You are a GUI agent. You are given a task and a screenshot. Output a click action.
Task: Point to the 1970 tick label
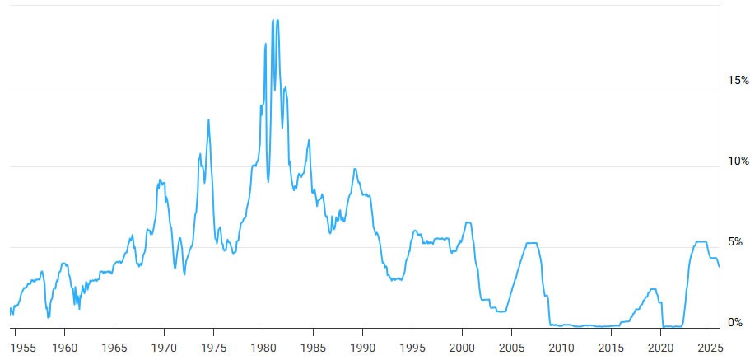(x=164, y=346)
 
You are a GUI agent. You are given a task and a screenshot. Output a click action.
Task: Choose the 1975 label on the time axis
(x=213, y=346)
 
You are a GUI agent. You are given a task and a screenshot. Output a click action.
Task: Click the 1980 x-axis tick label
(x=263, y=346)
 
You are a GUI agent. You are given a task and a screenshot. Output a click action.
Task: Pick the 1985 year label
(x=313, y=346)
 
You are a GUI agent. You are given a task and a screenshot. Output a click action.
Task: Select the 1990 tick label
(x=362, y=346)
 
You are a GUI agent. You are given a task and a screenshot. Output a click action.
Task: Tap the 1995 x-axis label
(x=412, y=346)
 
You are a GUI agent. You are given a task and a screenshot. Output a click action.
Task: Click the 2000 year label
(x=462, y=346)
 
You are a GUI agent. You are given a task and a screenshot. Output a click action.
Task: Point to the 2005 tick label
(x=511, y=346)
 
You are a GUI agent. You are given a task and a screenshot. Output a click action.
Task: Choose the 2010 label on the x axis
(x=561, y=346)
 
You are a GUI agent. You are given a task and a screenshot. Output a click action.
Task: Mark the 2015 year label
(x=611, y=346)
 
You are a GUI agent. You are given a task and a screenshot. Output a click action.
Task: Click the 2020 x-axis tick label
(x=660, y=346)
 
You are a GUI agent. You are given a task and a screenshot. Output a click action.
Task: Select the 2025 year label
(x=710, y=346)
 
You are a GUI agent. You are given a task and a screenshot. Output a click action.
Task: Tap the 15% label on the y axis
(x=738, y=81)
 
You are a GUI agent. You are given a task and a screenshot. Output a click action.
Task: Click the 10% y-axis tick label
(x=738, y=161)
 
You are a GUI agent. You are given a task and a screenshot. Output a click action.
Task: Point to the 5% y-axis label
(x=735, y=242)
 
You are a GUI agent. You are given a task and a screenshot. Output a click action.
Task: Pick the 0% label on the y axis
(x=735, y=322)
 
